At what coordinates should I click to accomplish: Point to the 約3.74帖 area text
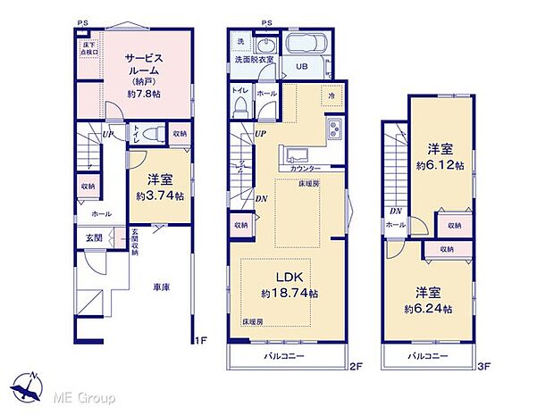click(x=160, y=195)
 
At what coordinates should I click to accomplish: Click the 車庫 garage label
click(x=161, y=286)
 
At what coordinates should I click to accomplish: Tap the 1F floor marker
click(x=201, y=340)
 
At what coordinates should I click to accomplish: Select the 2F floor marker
click(x=355, y=366)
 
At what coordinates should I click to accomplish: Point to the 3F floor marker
click(x=485, y=366)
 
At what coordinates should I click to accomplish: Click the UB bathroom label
click(x=302, y=67)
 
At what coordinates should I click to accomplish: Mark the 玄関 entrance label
click(x=94, y=237)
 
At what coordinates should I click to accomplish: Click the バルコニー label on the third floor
click(x=428, y=356)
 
